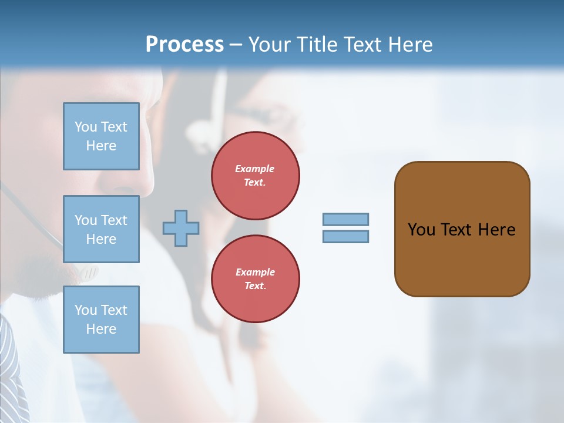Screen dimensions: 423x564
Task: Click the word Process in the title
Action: pos(184,45)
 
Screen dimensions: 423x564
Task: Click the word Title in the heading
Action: pos(317,45)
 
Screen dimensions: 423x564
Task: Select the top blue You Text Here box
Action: pos(101,136)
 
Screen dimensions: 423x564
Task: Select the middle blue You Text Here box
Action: pos(101,229)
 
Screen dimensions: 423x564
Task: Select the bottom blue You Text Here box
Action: pos(101,320)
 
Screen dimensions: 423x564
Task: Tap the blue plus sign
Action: pos(181,228)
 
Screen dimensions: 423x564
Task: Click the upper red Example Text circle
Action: pos(256,175)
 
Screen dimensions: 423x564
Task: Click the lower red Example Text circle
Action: pos(256,278)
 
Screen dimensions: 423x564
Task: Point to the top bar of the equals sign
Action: pos(346,219)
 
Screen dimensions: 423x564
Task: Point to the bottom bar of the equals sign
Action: pos(346,236)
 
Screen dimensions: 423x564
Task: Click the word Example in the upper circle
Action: pos(255,169)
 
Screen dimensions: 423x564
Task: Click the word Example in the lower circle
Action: pos(255,272)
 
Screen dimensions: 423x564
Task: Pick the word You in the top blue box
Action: pos(86,127)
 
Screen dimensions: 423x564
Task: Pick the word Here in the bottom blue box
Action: pos(101,329)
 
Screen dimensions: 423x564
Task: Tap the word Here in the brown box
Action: pos(496,230)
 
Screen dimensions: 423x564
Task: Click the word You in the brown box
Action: pos(421,230)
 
